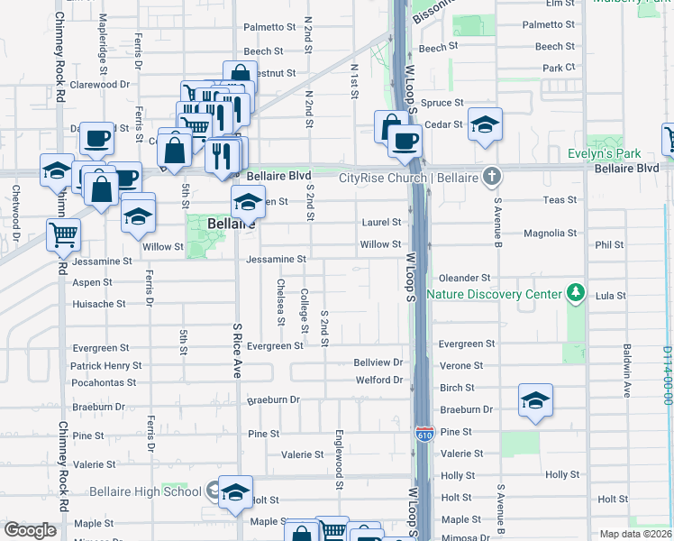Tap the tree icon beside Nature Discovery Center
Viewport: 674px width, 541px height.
[573, 293]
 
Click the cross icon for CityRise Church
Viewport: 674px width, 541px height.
[492, 177]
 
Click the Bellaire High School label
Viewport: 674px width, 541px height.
[145, 491]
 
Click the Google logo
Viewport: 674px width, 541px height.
[31, 529]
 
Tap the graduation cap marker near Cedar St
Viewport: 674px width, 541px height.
[485, 126]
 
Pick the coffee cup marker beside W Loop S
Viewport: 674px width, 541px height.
[405, 140]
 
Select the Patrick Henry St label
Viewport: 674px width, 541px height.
[106, 366]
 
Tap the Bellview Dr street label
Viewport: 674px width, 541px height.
[378, 362]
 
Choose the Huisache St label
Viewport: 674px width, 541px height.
[99, 304]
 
